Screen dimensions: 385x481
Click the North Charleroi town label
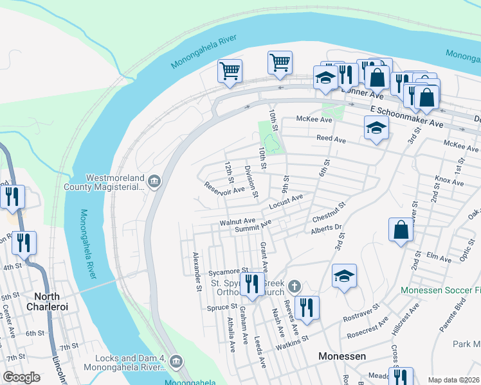click(x=56, y=302)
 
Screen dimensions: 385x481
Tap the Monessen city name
click(x=342, y=356)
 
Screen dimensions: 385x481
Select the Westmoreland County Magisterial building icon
click(x=154, y=182)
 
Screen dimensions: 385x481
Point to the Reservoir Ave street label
click(x=225, y=188)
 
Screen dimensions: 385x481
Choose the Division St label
click(x=251, y=182)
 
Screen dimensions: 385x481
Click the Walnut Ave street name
click(x=237, y=222)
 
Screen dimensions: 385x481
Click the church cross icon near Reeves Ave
click(x=294, y=286)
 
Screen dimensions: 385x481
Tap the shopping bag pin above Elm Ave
click(x=401, y=230)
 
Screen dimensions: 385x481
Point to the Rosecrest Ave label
click(x=368, y=326)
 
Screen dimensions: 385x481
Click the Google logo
click(x=22, y=377)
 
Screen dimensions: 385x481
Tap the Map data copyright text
click(x=454, y=380)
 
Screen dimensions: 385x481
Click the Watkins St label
click(x=292, y=338)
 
